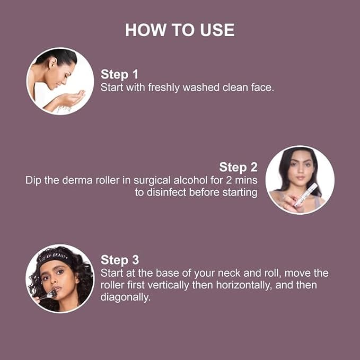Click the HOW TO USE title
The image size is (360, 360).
[x=180, y=30]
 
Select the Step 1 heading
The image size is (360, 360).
[x=119, y=74]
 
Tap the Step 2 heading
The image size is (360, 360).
[x=238, y=167]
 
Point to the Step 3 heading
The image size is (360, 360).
[x=120, y=260]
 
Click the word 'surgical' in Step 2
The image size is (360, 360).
[x=153, y=181]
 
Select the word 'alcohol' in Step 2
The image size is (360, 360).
[x=190, y=180]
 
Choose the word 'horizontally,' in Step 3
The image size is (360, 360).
[x=244, y=285]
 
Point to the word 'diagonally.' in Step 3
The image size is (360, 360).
[x=125, y=297]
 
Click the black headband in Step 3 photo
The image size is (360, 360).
[x=56, y=258]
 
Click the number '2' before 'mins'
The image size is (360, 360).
[x=229, y=180]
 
